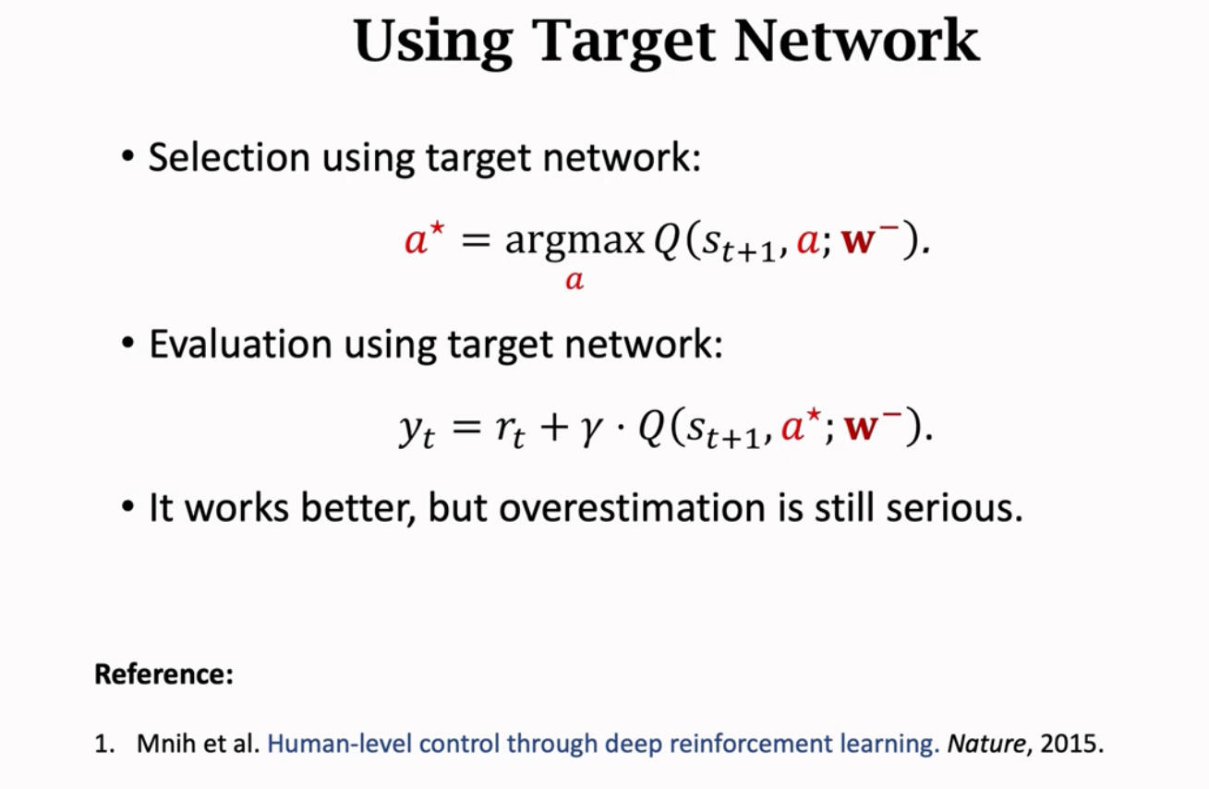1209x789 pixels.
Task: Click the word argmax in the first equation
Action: point(574,240)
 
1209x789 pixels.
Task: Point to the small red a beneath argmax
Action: point(574,280)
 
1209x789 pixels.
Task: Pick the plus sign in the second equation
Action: point(552,429)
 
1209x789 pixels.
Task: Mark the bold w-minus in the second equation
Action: point(873,428)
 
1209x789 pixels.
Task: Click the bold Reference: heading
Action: point(163,674)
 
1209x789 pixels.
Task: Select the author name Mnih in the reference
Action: point(163,743)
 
